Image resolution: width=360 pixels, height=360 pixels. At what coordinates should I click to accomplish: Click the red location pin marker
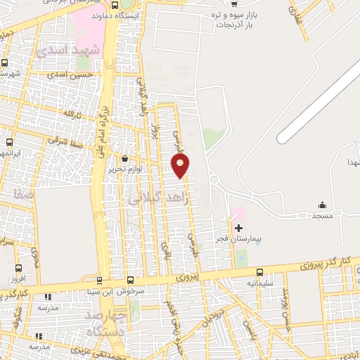[181, 165]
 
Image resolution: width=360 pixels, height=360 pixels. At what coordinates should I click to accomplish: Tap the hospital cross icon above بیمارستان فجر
[238, 228]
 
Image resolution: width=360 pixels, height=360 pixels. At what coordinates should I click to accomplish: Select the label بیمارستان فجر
[240, 240]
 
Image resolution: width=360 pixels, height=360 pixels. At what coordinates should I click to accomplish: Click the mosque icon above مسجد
[322, 205]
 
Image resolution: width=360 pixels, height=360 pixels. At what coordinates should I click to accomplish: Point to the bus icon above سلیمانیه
[259, 272]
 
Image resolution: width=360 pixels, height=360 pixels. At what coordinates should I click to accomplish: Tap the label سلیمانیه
[259, 283]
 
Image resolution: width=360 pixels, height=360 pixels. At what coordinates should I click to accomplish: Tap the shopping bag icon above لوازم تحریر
[124, 158]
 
